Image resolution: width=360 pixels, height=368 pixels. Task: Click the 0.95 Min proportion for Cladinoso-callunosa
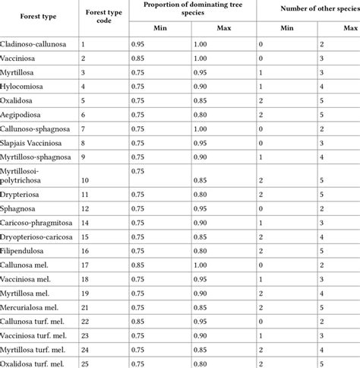pyautogui.click(x=137, y=44)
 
